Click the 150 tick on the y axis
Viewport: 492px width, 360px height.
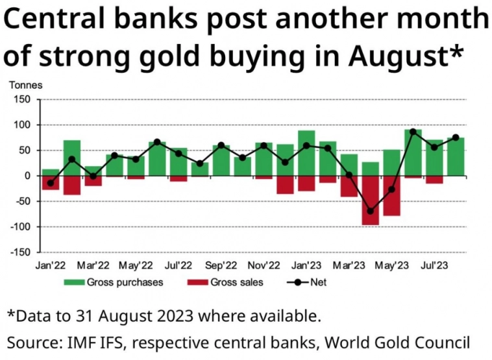(22, 99)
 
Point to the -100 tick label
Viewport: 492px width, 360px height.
(21, 227)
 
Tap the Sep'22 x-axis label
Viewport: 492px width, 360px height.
(221, 265)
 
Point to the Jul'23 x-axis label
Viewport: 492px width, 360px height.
(434, 265)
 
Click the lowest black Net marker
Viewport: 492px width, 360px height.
(371, 211)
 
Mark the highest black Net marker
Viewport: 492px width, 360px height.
(413, 132)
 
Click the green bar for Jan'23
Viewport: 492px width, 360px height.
(307, 152)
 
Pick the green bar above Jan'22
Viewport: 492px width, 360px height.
(51, 172)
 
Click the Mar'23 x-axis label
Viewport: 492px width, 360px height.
(349, 265)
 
